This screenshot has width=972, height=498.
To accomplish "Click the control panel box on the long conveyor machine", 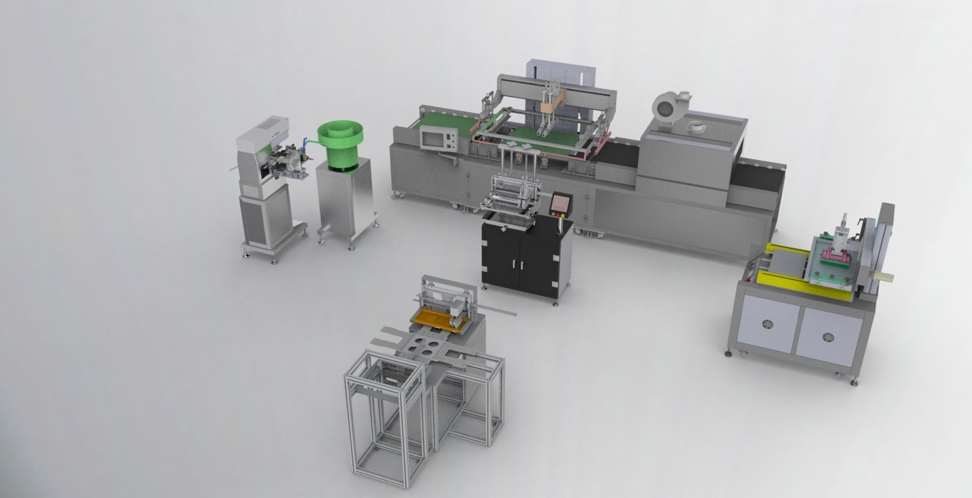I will click(437, 138).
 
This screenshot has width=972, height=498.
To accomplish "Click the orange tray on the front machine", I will click(430, 319).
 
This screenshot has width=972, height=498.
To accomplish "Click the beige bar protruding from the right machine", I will click(883, 276).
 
